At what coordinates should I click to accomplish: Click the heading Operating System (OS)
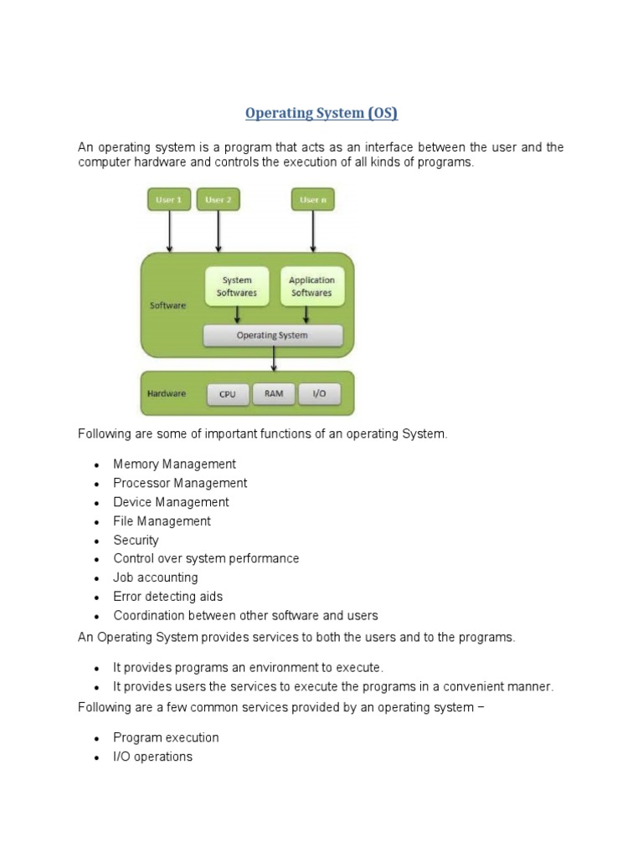[x=321, y=113]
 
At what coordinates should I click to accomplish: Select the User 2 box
[x=218, y=200]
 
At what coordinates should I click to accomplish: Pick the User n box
[x=313, y=200]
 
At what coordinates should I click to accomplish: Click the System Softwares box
[x=237, y=286]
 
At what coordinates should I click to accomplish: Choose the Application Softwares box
[x=311, y=286]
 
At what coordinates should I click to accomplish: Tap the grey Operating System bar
[x=273, y=336]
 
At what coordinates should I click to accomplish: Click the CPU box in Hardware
[x=228, y=393]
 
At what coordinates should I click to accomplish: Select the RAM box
[x=274, y=393]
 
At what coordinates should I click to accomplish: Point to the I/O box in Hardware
[x=319, y=393]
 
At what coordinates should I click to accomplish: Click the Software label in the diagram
[x=167, y=305]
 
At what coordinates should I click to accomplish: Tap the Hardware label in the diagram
[x=167, y=393]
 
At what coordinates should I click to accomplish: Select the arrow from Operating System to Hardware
[x=274, y=358]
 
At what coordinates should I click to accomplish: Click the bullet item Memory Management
[x=174, y=464]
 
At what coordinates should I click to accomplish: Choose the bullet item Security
[x=136, y=540]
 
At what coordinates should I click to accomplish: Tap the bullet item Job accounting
[x=156, y=577]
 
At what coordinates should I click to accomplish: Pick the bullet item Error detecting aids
[x=168, y=597]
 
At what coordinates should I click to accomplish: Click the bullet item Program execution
[x=166, y=737]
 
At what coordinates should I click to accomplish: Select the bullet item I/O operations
[x=152, y=757]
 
